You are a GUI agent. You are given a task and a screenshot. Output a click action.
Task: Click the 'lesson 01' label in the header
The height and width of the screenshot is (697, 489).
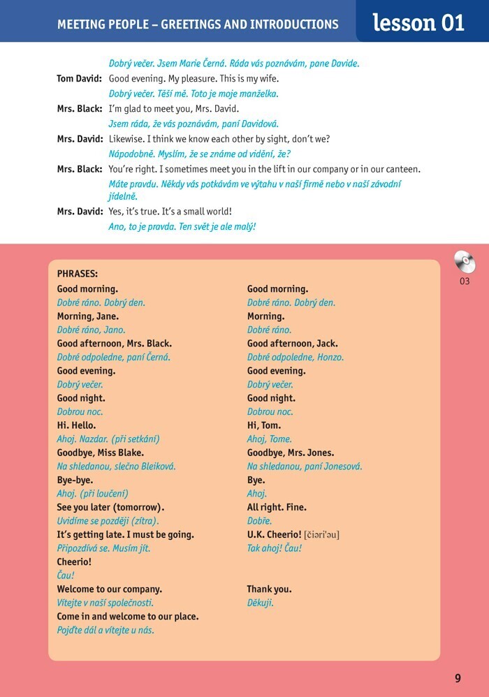(x=418, y=22)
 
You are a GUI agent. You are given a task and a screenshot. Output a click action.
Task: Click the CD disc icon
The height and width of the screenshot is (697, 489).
(x=465, y=262)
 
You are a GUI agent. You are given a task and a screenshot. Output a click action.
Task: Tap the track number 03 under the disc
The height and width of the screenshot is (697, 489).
(x=465, y=281)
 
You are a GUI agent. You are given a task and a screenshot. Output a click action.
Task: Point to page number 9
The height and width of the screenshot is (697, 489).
(x=458, y=677)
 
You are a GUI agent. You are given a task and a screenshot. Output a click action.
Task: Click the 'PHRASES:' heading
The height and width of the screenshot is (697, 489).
(x=78, y=274)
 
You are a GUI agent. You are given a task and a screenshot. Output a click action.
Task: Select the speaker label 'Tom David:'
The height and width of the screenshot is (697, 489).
(x=80, y=79)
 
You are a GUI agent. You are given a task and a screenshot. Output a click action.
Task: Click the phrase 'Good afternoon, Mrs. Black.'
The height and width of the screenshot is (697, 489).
(x=114, y=344)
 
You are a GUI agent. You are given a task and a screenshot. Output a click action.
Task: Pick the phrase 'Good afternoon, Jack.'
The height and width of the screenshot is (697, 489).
(x=287, y=344)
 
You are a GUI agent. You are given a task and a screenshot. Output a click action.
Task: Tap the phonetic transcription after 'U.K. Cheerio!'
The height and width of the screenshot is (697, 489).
(x=321, y=535)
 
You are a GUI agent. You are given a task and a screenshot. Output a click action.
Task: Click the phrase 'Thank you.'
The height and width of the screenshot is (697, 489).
(x=269, y=589)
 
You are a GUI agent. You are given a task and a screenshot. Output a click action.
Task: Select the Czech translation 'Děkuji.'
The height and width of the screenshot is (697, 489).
(x=260, y=603)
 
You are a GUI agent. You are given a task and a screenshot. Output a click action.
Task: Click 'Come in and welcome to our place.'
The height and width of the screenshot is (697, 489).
(x=128, y=617)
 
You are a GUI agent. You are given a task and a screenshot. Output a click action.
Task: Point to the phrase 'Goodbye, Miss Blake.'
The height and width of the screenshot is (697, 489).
(x=101, y=453)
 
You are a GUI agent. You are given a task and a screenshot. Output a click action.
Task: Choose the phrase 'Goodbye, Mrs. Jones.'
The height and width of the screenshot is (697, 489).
(x=291, y=453)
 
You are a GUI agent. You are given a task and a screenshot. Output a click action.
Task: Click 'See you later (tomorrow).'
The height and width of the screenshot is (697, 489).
(x=110, y=507)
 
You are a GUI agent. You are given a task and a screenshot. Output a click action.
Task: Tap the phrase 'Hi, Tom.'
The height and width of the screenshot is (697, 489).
(x=264, y=425)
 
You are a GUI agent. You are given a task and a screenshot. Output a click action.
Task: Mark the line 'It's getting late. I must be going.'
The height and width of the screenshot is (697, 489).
(x=126, y=535)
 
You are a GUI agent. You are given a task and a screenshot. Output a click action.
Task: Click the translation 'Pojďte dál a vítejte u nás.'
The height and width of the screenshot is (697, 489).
(x=105, y=630)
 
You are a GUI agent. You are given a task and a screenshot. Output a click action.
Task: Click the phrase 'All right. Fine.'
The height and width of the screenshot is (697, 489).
(x=277, y=507)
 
